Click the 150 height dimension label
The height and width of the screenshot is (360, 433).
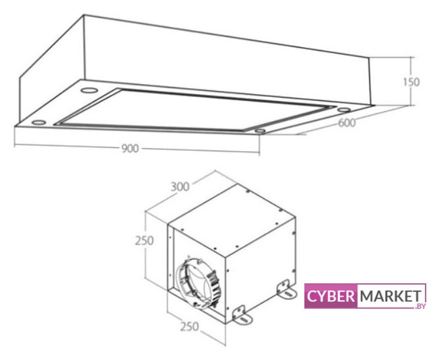pos(411,82)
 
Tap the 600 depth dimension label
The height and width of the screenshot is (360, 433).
pos(347,122)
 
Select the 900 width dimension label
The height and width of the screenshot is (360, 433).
pos(130,149)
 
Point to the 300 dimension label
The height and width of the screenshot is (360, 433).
pos(180,187)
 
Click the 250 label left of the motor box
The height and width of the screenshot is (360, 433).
pos(144,241)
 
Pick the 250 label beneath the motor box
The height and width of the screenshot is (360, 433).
pos(189,326)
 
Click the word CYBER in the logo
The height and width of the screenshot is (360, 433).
pos(330,297)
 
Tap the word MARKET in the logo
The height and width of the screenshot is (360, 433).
pos(390,296)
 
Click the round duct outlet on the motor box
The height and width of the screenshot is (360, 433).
pos(197,281)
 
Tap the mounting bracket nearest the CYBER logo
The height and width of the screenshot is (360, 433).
pos(287,289)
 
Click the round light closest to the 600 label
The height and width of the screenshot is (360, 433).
pos(343,110)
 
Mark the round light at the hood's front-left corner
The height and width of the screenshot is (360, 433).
pos(38,122)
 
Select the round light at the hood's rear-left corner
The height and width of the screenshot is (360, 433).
pos(89,90)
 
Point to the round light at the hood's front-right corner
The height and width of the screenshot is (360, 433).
pos(260,131)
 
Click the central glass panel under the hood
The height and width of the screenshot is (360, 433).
pos(193,110)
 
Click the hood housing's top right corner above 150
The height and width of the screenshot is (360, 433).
pos(370,57)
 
